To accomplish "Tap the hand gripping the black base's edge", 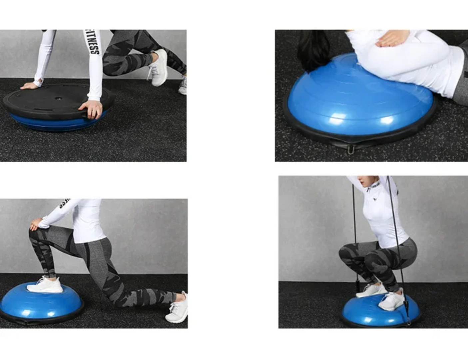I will (92, 108).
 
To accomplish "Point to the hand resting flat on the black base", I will (29, 86).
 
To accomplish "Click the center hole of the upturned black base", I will (59, 99).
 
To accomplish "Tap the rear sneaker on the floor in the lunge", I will (178, 308).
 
